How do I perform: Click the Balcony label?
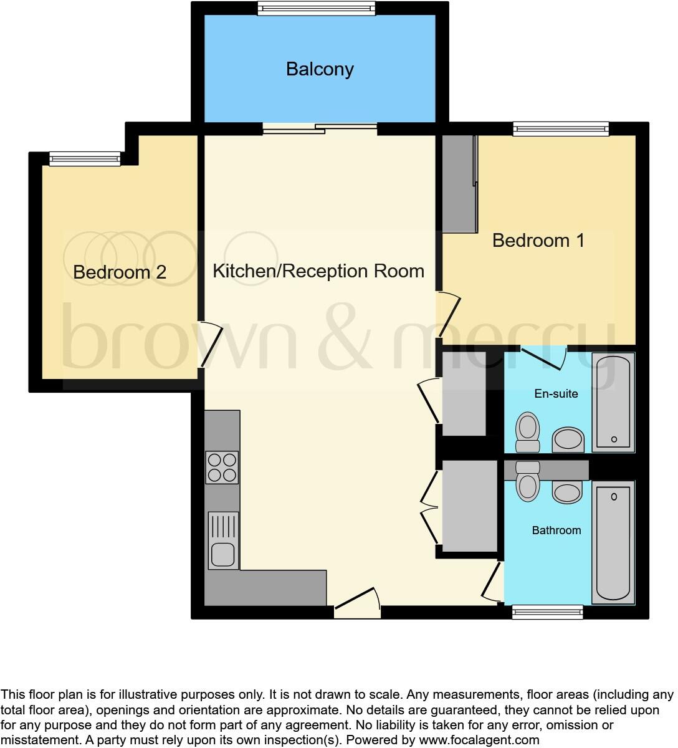click(320, 69)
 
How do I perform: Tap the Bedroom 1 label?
click(538, 241)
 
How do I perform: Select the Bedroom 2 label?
click(120, 272)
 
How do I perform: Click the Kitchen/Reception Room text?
click(318, 271)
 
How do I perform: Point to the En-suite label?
click(556, 394)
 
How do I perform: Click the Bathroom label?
click(556, 530)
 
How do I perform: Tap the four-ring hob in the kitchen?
click(222, 467)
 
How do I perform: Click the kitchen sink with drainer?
click(222, 540)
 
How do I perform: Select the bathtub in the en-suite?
click(613, 402)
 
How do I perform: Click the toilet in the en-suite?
click(528, 431)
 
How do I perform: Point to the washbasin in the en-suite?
click(568, 439)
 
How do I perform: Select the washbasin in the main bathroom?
click(568, 492)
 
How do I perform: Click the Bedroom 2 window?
click(85, 159)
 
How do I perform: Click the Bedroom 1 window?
click(560, 129)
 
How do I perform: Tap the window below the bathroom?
click(547, 613)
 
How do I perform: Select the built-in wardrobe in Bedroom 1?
click(459, 184)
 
